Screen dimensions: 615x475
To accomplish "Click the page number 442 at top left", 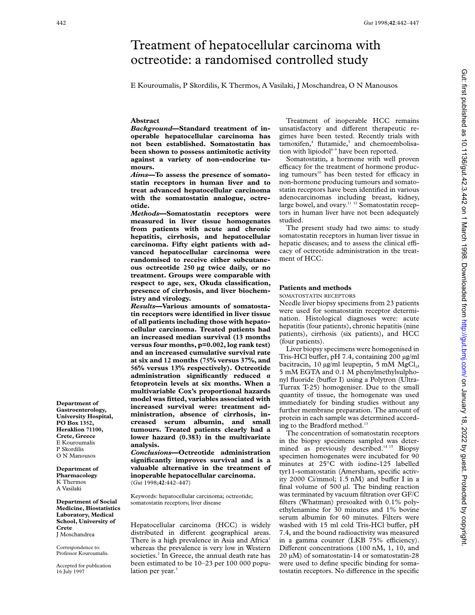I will pyautogui.click(x=61, y=23).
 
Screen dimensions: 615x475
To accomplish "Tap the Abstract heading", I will pyautogui.click(x=145, y=121).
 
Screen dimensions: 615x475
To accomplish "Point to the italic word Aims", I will pyautogui.click(x=139, y=175).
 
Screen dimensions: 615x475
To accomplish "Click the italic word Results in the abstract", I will pyautogui.click(x=143, y=306).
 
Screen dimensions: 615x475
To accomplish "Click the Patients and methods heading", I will pyautogui.click(x=315, y=288).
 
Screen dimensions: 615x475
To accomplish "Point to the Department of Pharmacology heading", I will pyautogui.click(x=77, y=472).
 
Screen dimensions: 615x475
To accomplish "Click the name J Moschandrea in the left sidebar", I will pyautogui.click(x=75, y=534).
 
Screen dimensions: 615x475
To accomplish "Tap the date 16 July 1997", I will pyautogui.click(x=70, y=572).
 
